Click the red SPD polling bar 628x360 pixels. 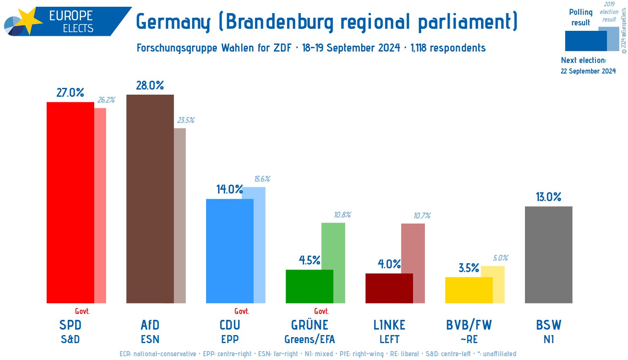point(70,202)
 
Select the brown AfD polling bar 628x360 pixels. point(150,199)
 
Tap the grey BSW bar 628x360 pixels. point(548,254)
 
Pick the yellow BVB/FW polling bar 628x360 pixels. point(469,290)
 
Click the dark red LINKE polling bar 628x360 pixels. point(389,288)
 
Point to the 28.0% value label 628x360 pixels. point(150,85)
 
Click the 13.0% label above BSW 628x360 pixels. point(548,197)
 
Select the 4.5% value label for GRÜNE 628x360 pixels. point(310,260)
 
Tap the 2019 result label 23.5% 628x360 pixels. point(185,120)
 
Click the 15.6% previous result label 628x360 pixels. point(262,179)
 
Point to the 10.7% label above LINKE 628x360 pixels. point(421,216)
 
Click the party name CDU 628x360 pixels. point(230,325)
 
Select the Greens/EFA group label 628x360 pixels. point(310,339)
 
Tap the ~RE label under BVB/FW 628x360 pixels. point(469,339)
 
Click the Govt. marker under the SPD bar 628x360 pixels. point(82,311)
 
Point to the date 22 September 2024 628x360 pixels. point(588,71)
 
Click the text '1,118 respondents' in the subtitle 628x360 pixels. point(448,48)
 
